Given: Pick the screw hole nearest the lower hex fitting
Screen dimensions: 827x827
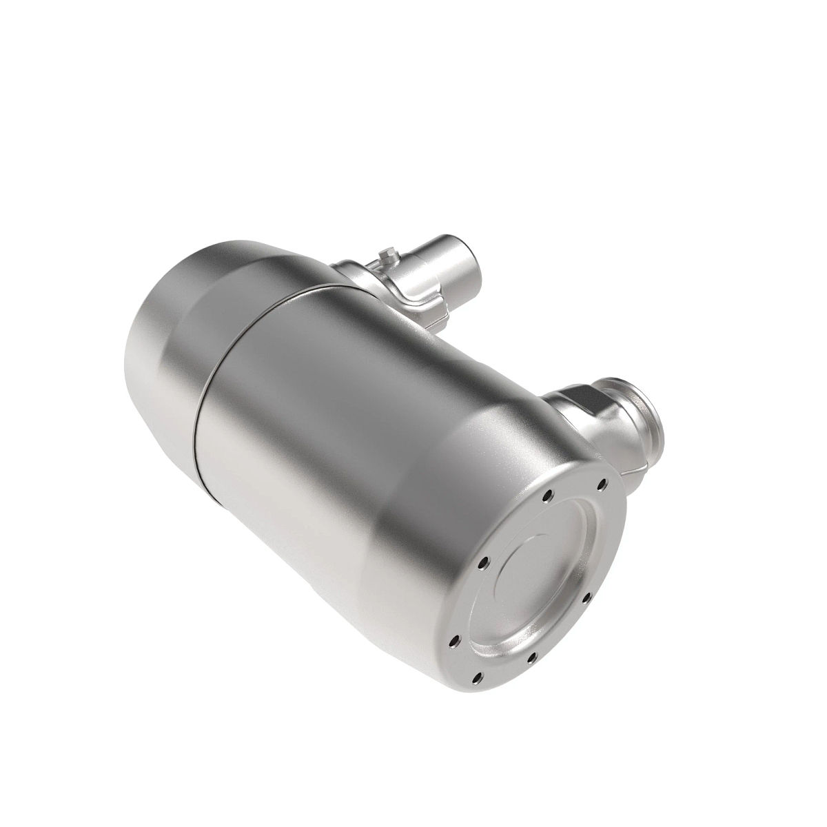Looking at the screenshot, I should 602,484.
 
